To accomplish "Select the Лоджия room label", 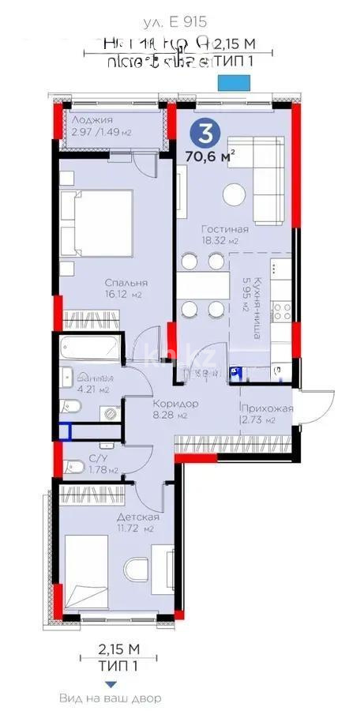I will coord(87,119).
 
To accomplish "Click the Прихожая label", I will coord(268,408).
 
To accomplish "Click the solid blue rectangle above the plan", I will coord(234,81).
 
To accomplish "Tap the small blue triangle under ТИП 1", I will coord(111,684).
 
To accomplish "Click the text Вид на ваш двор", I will coord(111,698).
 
